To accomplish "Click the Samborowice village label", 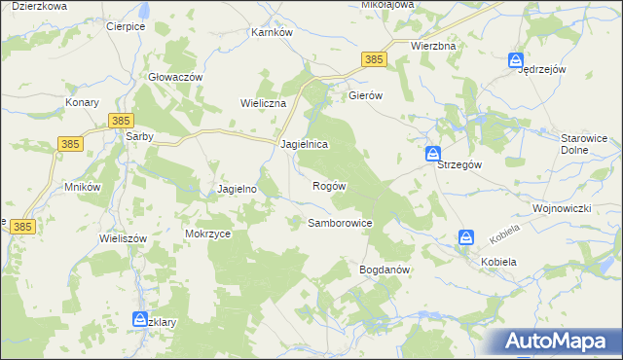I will (341, 223).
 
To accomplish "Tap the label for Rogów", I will (329, 185).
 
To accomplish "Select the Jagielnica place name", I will (304, 143).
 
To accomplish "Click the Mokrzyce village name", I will (206, 234).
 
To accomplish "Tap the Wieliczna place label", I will (263, 102).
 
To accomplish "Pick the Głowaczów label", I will (175, 77).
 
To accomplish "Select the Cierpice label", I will (127, 26).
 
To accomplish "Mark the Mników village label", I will (83, 186).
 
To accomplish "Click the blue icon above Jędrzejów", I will (516, 61).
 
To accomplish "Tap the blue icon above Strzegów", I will (433, 154).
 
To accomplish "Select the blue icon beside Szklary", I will (139, 319).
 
